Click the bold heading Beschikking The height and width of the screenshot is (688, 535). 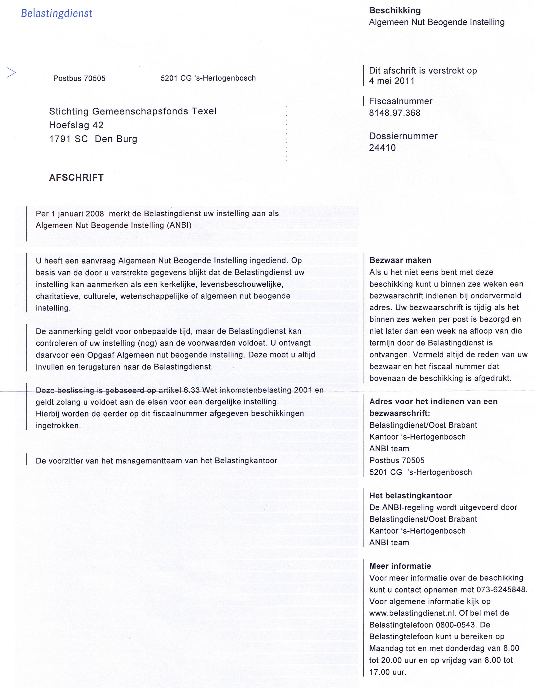point(395,10)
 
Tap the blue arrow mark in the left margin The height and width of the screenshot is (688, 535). point(11,73)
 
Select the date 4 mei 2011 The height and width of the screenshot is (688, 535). point(392,81)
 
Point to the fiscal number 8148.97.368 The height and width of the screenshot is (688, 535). point(395,113)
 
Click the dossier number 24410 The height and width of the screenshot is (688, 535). point(382,148)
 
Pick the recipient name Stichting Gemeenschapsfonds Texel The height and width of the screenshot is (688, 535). point(133,111)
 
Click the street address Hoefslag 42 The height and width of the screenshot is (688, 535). point(76,125)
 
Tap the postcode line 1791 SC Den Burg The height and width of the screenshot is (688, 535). point(93,139)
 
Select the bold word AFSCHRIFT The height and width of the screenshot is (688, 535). point(76,178)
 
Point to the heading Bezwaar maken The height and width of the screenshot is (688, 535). point(400,260)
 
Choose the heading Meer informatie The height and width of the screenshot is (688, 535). point(400,566)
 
